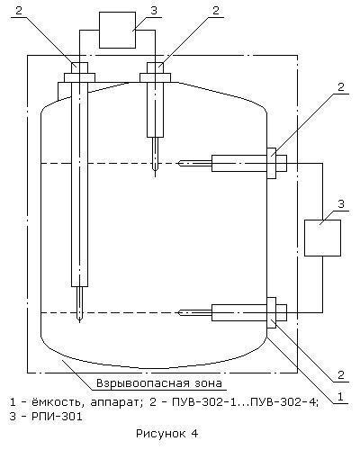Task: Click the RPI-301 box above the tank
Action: click(x=117, y=30)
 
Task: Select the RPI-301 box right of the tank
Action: click(x=322, y=238)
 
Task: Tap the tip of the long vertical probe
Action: click(x=79, y=322)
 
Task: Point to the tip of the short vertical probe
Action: click(x=155, y=176)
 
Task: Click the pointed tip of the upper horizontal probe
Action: click(x=178, y=163)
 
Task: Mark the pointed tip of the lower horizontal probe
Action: click(x=178, y=312)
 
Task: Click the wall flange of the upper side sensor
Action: click(x=272, y=163)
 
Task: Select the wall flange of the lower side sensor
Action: click(x=272, y=312)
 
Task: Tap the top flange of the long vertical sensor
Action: click(x=79, y=77)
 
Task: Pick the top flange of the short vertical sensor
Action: click(x=155, y=77)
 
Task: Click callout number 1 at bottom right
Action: click(x=340, y=397)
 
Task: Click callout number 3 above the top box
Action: click(x=154, y=10)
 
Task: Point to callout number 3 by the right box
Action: click(x=341, y=204)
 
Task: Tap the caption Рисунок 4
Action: click(x=167, y=434)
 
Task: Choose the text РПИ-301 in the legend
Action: click(x=57, y=417)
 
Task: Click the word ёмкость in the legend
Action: click(x=56, y=401)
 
